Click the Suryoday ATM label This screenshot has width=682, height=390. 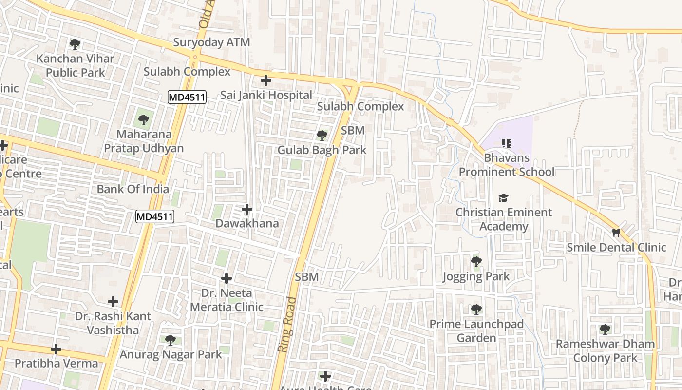[x=211, y=42]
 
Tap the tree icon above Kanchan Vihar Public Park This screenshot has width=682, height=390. [x=75, y=44]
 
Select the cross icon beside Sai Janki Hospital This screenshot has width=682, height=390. [x=265, y=80]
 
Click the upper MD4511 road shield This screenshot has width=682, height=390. [x=187, y=97]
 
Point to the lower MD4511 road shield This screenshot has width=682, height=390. [x=155, y=216]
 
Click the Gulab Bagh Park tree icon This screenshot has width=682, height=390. [x=322, y=135]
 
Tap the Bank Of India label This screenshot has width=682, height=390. [x=133, y=189]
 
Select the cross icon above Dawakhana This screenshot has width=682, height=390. [x=247, y=209]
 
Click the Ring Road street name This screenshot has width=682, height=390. [x=287, y=324]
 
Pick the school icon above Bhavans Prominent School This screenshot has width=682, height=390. [x=506, y=143]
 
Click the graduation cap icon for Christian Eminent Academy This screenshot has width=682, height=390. [x=503, y=198]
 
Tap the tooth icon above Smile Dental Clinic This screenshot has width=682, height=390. [x=616, y=233]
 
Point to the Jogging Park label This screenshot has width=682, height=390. [x=476, y=276]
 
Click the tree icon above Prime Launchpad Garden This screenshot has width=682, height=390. [x=476, y=309]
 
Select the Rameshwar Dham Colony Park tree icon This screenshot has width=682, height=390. [x=605, y=330]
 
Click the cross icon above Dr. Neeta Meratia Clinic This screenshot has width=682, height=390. [x=227, y=278]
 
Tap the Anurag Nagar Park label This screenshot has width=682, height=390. [x=171, y=354]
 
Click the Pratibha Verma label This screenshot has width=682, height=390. [x=57, y=363]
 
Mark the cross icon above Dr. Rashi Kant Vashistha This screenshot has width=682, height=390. [x=113, y=302]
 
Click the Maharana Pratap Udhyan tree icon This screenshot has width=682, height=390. [x=143, y=119]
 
